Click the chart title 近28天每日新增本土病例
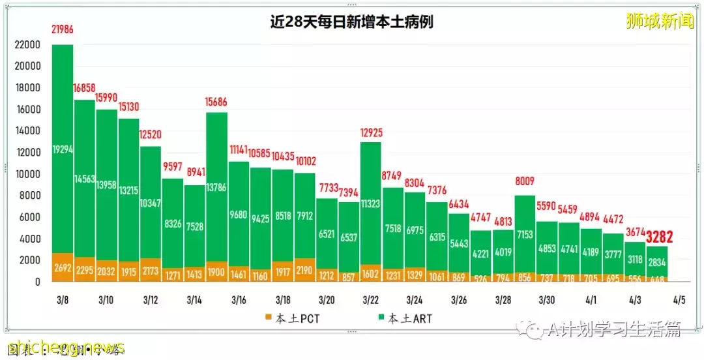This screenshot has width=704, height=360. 352,22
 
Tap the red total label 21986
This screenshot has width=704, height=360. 63,30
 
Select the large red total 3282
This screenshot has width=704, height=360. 659,237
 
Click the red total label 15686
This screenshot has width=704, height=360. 218,102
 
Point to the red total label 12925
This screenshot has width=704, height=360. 371,133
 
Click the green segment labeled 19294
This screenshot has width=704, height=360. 63,150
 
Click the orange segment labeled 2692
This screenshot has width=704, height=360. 63,268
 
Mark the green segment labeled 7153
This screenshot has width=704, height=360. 525,233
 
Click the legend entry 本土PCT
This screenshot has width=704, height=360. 293,318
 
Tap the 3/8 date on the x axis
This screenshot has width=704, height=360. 63,300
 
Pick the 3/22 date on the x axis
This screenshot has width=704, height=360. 371,300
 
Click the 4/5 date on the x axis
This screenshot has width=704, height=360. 679,300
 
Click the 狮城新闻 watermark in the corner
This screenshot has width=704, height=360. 660,22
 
